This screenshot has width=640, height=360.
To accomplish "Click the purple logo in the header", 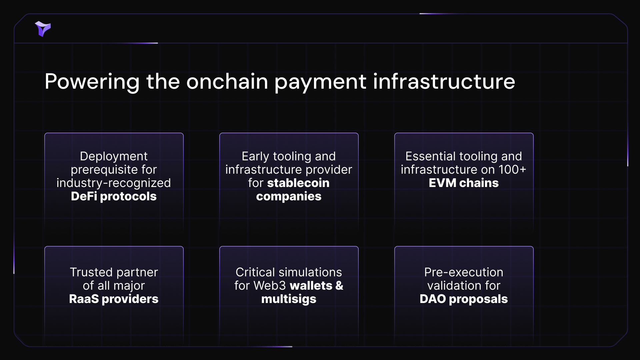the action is coord(43,29).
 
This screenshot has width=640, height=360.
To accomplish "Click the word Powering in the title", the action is coord(92,82).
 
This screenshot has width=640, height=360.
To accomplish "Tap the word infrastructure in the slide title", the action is coord(444,81).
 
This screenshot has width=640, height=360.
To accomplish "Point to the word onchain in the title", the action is coord(227,81).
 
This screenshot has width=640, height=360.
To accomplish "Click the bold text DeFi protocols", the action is coord(114,196).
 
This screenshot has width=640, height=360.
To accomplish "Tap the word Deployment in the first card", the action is coord(114,157).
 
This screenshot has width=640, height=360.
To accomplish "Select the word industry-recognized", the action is coord(114,183).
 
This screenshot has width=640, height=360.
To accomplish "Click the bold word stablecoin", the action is coord(298,183).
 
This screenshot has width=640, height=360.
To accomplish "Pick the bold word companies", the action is coord(289,197).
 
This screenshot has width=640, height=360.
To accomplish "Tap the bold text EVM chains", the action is coord(464,183).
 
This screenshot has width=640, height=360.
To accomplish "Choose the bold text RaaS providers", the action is coord(114,299).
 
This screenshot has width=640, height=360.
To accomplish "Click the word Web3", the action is coord(270,286).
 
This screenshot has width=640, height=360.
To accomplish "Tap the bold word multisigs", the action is coord(289,299).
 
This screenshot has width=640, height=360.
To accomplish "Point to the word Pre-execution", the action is coord(464,272).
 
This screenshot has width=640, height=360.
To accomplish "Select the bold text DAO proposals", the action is coord(464,299).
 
